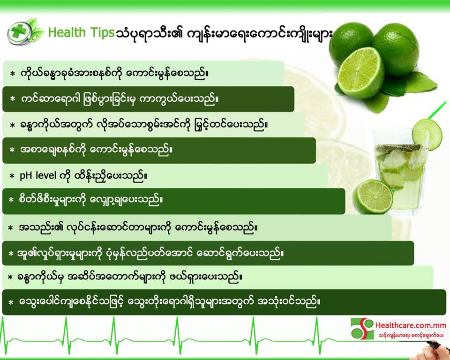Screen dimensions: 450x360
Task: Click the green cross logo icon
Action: point(20,33)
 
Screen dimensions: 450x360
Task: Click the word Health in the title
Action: point(67,32)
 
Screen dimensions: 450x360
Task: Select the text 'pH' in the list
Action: point(25,176)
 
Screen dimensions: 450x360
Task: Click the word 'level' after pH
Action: point(46,175)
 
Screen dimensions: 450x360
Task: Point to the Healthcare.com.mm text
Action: point(411,325)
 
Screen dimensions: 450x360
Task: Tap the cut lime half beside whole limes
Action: point(360,73)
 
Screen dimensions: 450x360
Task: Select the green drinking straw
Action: point(437,111)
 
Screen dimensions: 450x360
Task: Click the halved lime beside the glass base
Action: point(373,197)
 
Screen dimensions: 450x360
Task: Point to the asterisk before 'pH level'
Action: point(12,176)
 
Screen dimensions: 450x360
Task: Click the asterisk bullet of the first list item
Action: point(12,74)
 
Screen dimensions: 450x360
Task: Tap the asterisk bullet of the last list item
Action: point(11,303)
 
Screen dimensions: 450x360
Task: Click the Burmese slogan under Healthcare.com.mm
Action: point(411,335)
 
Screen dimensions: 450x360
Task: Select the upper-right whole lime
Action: point(396,49)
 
